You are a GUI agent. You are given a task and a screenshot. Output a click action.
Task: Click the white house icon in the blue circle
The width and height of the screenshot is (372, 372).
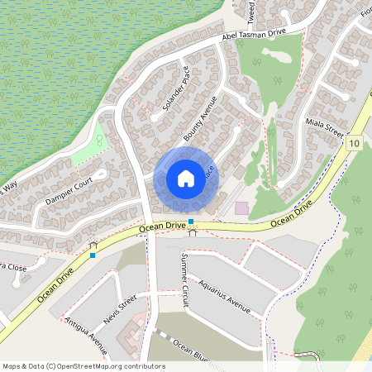click(x=186, y=179)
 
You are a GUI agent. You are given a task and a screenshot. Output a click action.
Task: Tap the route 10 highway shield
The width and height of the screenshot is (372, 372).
click(x=354, y=143)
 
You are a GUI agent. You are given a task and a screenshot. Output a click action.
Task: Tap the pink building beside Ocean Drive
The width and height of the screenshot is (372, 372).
click(x=241, y=208)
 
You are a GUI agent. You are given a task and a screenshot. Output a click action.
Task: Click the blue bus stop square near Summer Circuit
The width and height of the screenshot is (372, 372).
click(x=191, y=222)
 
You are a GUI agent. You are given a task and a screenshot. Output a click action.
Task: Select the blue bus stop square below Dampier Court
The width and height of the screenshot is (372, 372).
click(x=93, y=255)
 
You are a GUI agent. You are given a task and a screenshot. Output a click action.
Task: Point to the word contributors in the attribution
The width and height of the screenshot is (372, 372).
click(x=143, y=366)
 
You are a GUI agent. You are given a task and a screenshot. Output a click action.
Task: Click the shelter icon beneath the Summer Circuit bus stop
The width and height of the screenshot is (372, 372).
click(x=192, y=232)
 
